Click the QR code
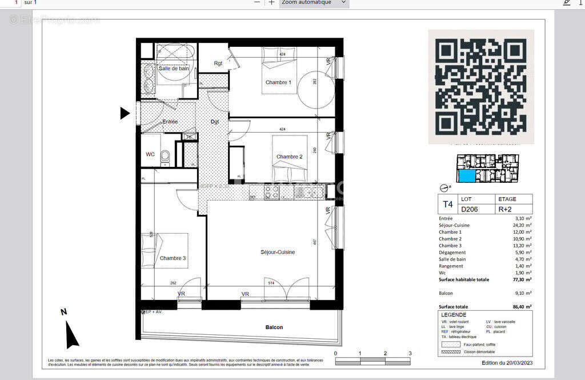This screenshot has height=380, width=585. (481, 86)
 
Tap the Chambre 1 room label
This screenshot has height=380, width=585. (278, 83)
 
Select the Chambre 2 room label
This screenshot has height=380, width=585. (289, 157)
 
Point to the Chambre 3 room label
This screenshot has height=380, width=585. (173, 258)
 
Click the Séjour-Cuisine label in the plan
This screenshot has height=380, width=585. (278, 252)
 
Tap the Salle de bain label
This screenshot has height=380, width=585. (174, 69)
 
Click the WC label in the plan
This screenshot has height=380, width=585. (150, 154)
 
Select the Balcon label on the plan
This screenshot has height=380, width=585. (274, 327)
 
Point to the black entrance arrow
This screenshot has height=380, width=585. (125, 113)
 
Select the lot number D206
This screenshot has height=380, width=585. (469, 209)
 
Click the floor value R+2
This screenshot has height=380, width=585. (505, 209)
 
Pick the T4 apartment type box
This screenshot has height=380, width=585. (447, 204)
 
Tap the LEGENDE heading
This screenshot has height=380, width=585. (454, 315)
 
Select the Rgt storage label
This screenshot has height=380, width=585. (218, 63)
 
